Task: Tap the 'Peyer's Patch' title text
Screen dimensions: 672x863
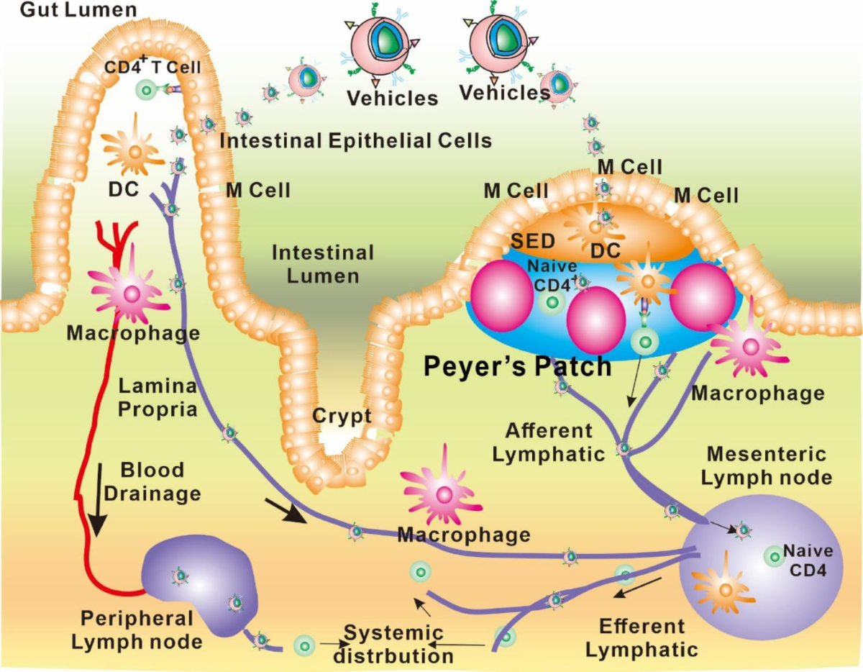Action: [517, 366]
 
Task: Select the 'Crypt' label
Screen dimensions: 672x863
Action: [342, 416]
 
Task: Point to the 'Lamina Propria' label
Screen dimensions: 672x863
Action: [157, 397]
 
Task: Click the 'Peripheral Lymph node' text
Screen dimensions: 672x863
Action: [137, 629]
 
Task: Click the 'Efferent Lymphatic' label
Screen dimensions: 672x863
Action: [641, 637]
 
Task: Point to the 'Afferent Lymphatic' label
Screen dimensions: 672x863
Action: [549, 442]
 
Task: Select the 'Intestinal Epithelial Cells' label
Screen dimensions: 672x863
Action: [356, 140]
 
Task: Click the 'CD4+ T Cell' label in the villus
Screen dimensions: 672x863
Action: [152, 68]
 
